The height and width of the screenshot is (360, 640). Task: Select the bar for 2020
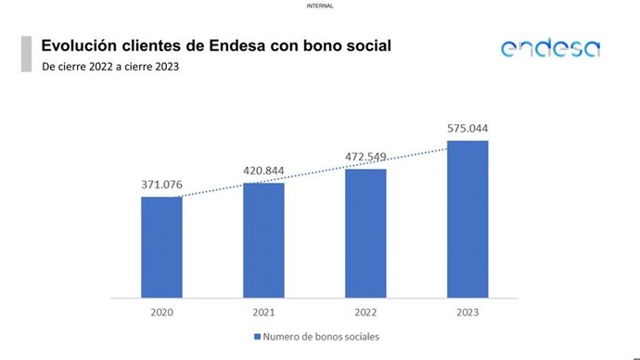pyautogui.click(x=161, y=247)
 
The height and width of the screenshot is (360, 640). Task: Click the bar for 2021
pyautogui.click(x=263, y=240)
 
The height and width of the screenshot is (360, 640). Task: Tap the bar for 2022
pyautogui.click(x=365, y=233)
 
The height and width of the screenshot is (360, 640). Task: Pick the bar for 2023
pyautogui.click(x=467, y=219)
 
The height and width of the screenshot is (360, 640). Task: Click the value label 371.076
pyautogui.click(x=161, y=186)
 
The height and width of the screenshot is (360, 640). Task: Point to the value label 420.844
pyautogui.click(x=263, y=171)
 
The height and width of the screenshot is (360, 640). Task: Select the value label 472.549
pyautogui.click(x=365, y=157)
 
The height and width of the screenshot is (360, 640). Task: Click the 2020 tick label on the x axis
pyautogui.click(x=161, y=313)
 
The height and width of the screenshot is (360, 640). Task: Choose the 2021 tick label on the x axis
pyautogui.click(x=263, y=313)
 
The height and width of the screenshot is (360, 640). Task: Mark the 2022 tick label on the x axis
pyautogui.click(x=365, y=313)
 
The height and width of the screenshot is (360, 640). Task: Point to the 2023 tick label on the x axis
pyautogui.click(x=467, y=313)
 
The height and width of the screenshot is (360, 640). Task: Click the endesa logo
pyautogui.click(x=550, y=48)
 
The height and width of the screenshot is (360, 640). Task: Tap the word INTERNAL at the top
pyautogui.click(x=319, y=6)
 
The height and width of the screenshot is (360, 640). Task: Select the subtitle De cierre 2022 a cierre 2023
pyautogui.click(x=110, y=67)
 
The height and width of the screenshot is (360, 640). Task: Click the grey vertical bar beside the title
pyautogui.click(x=26, y=54)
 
